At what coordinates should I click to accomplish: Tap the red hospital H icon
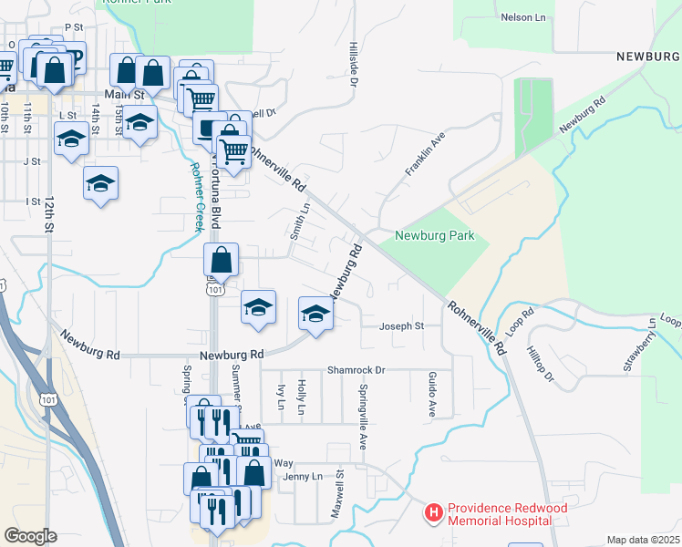(434, 514)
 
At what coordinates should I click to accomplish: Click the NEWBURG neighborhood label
(647, 57)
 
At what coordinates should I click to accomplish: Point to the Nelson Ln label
(523, 17)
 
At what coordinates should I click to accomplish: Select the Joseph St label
(402, 325)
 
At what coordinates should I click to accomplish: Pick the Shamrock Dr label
(356, 370)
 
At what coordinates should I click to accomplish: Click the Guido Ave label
(431, 393)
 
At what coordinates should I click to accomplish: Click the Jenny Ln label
(304, 477)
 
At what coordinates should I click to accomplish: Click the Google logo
(30, 535)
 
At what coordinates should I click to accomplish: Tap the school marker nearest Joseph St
(315, 315)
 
